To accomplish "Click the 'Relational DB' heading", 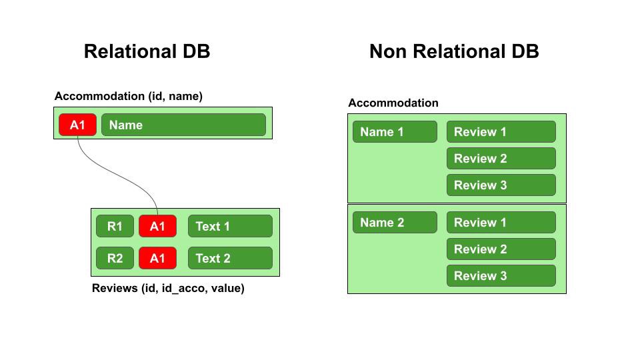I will (147, 51).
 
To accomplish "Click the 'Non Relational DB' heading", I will (454, 51).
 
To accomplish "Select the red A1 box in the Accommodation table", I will (77, 125).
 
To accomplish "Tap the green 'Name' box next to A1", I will (183, 125).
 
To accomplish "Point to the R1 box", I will (115, 227).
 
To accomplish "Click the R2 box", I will (115, 258).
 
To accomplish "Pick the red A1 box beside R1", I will (157, 227).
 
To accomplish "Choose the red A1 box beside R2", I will (157, 258).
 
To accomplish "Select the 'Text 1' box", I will (230, 227).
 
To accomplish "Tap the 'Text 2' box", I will (230, 258).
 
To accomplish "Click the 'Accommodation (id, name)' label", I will (129, 97).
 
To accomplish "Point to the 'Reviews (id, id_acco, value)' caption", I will (168, 289).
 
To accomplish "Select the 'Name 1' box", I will (395, 132).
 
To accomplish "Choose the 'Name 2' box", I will (395, 223).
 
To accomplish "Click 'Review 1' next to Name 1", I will (501, 132).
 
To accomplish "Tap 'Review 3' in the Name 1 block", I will (501, 185).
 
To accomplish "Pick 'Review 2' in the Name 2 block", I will (501, 249).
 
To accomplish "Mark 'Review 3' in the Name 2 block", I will (501, 276).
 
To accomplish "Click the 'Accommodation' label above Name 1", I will (393, 103).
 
